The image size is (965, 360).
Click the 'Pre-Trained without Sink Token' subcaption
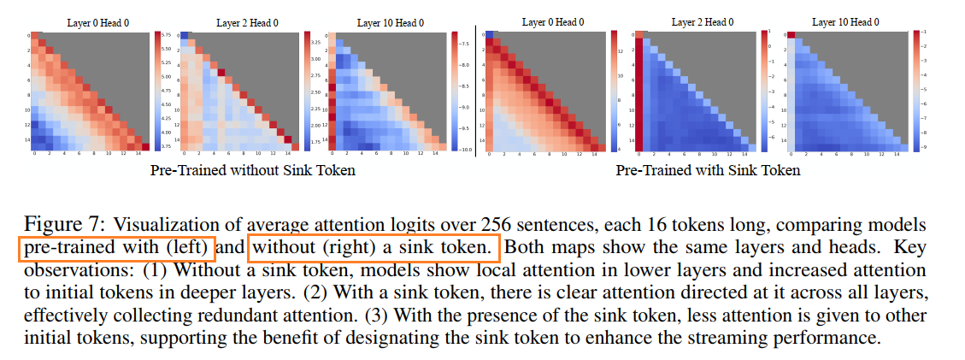click(252, 170)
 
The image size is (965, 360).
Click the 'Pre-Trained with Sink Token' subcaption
click(708, 170)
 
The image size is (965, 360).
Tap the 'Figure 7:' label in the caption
click(64, 225)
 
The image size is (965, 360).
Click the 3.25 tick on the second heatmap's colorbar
click(315, 41)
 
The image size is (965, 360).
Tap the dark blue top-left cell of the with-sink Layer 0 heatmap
click(491, 35)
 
